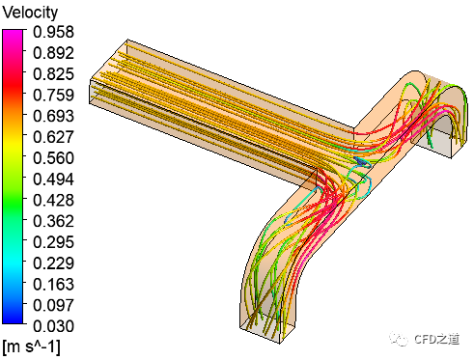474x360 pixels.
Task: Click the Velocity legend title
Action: coord(30,13)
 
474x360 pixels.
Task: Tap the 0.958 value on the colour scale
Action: coord(53,32)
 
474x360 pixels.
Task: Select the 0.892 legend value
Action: coord(53,53)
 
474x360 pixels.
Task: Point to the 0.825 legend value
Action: coord(53,74)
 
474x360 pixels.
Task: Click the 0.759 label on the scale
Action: coord(53,95)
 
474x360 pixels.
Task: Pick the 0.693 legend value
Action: coord(53,116)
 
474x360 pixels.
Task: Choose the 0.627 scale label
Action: coord(53,137)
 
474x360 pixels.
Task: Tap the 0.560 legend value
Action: coord(53,158)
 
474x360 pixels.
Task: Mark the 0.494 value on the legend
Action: coord(53,180)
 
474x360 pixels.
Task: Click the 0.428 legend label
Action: coord(53,200)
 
